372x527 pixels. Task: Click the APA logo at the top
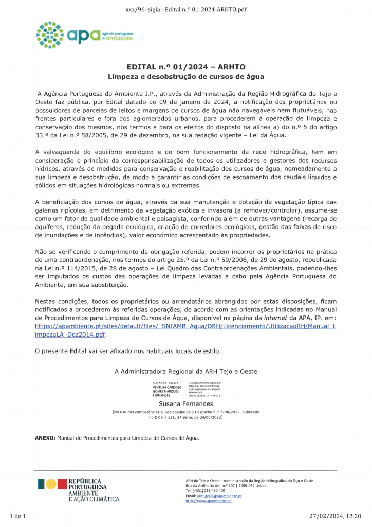[x=84, y=35]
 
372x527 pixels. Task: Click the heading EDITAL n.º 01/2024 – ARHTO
[x=185, y=67]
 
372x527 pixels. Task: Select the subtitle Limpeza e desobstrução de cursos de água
[x=185, y=76]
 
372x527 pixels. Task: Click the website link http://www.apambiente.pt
[x=209, y=501]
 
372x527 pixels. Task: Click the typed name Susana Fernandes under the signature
[x=185, y=404]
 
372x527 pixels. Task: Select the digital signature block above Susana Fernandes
[x=187, y=389]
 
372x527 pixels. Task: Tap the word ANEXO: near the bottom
[x=45, y=438]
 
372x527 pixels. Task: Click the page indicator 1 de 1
[x=18, y=516]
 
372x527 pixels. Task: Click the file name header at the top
[x=185, y=10]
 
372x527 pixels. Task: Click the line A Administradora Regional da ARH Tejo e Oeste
[x=185, y=371]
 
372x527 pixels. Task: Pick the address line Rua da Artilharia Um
[x=226, y=485]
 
